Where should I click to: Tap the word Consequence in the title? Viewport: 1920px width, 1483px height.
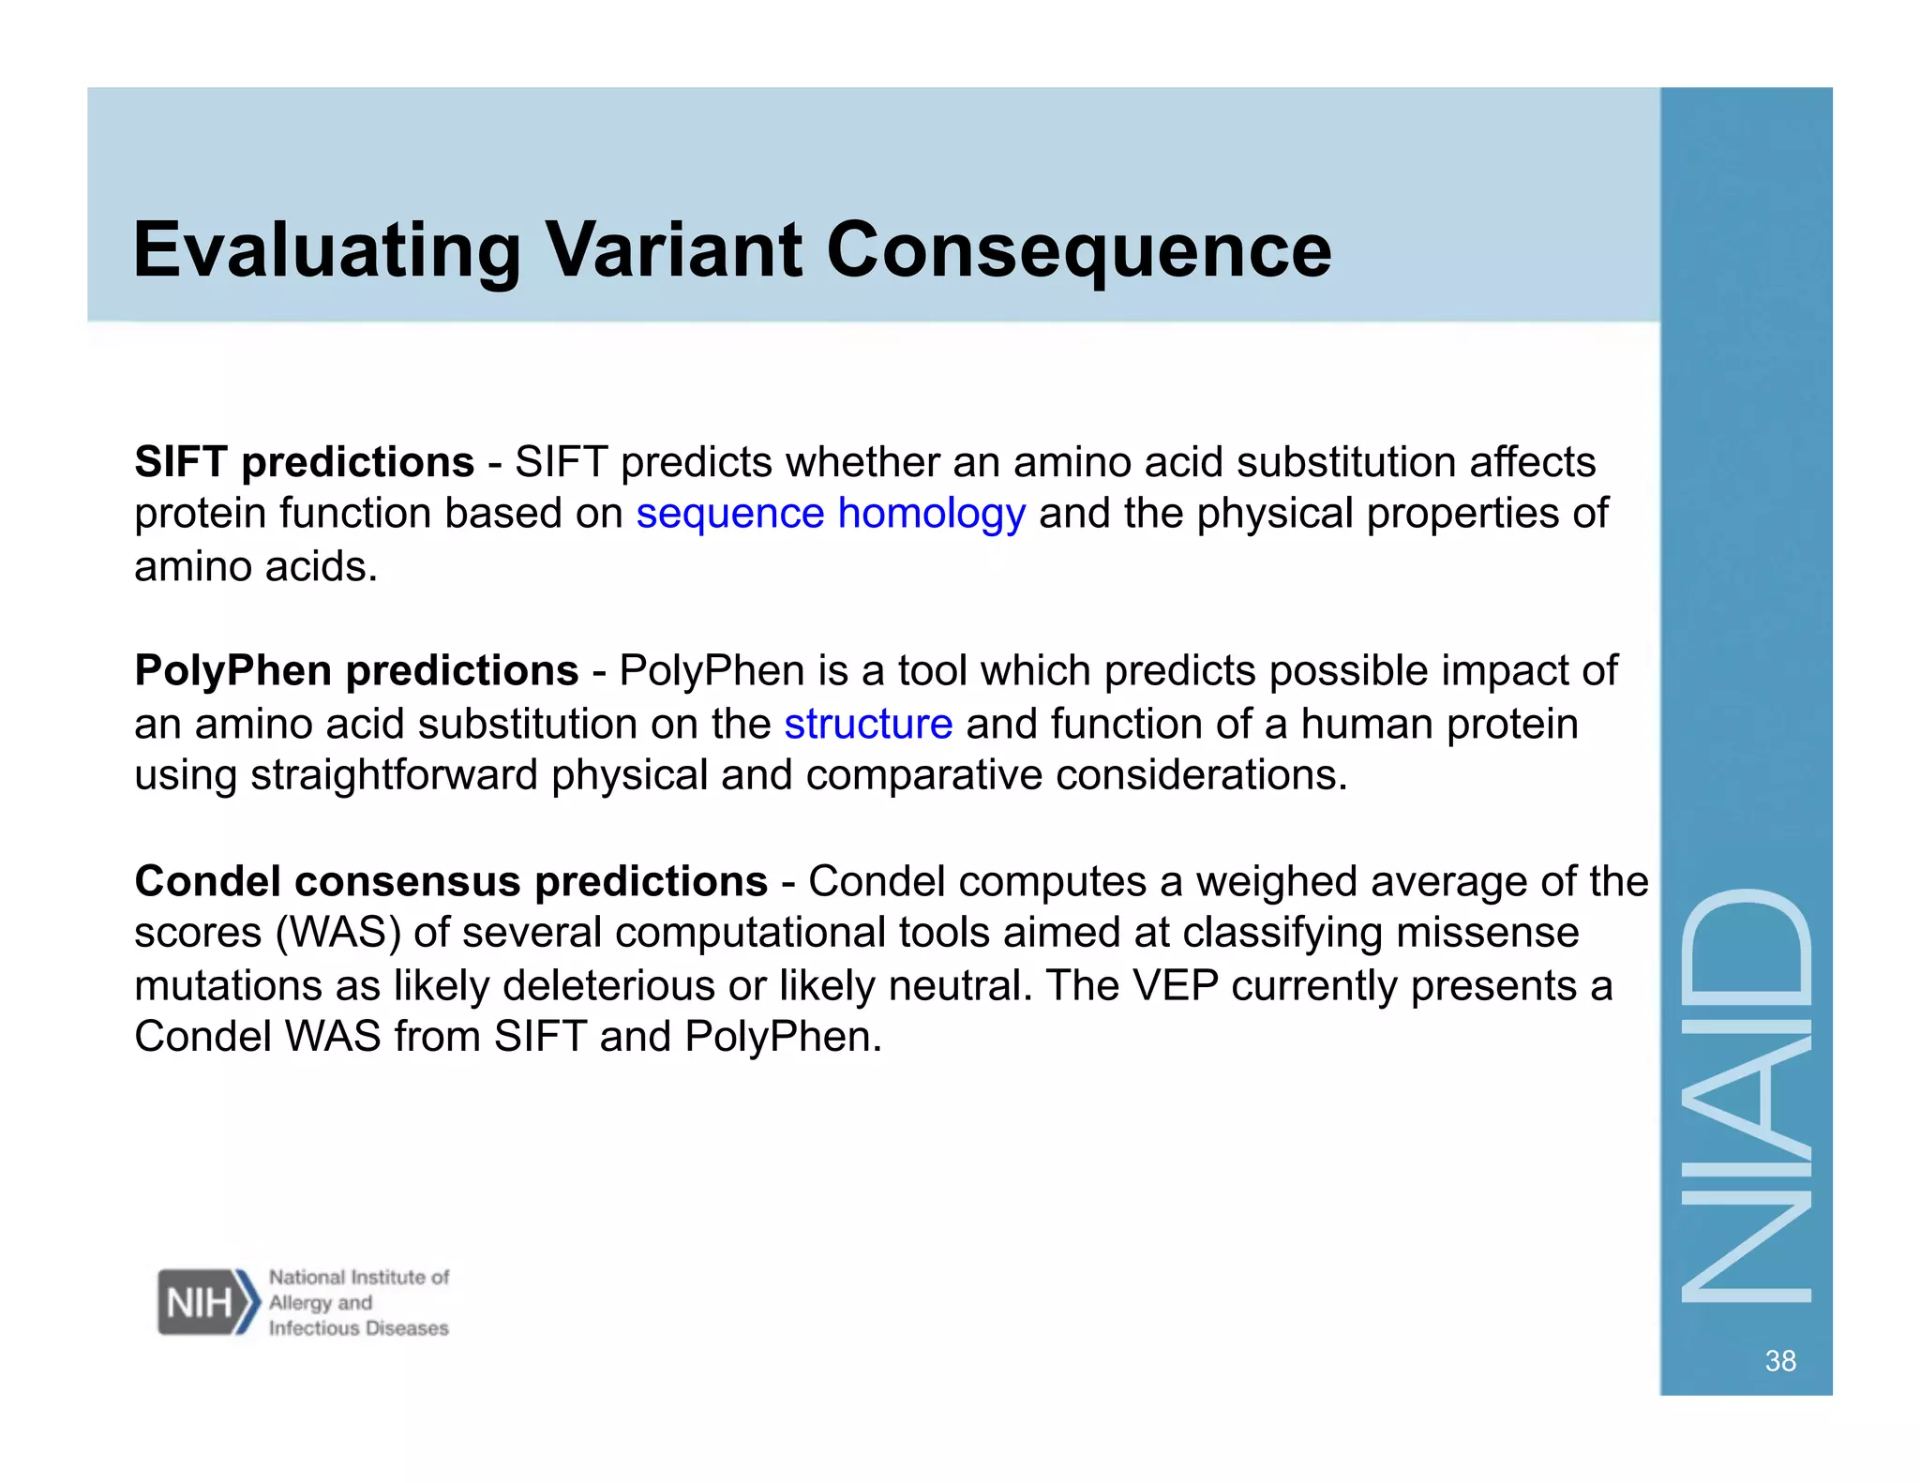tap(1078, 250)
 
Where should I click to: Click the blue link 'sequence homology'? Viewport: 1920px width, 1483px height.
tap(831, 514)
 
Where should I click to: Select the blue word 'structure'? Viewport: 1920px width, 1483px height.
tap(868, 724)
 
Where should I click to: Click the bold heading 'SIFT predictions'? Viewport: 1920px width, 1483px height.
tap(305, 462)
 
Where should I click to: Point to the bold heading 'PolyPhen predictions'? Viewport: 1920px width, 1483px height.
tap(356, 671)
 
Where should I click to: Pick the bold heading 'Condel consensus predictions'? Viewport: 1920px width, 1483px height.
tap(451, 881)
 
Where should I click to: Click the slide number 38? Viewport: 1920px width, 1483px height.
tap(1779, 1360)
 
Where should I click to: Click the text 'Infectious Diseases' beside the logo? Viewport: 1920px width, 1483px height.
tap(358, 1328)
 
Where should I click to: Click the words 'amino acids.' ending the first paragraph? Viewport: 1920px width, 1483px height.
tap(256, 567)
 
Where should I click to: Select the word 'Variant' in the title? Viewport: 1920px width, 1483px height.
tap(673, 250)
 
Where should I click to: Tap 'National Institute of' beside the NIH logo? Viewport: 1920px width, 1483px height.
tap(358, 1277)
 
